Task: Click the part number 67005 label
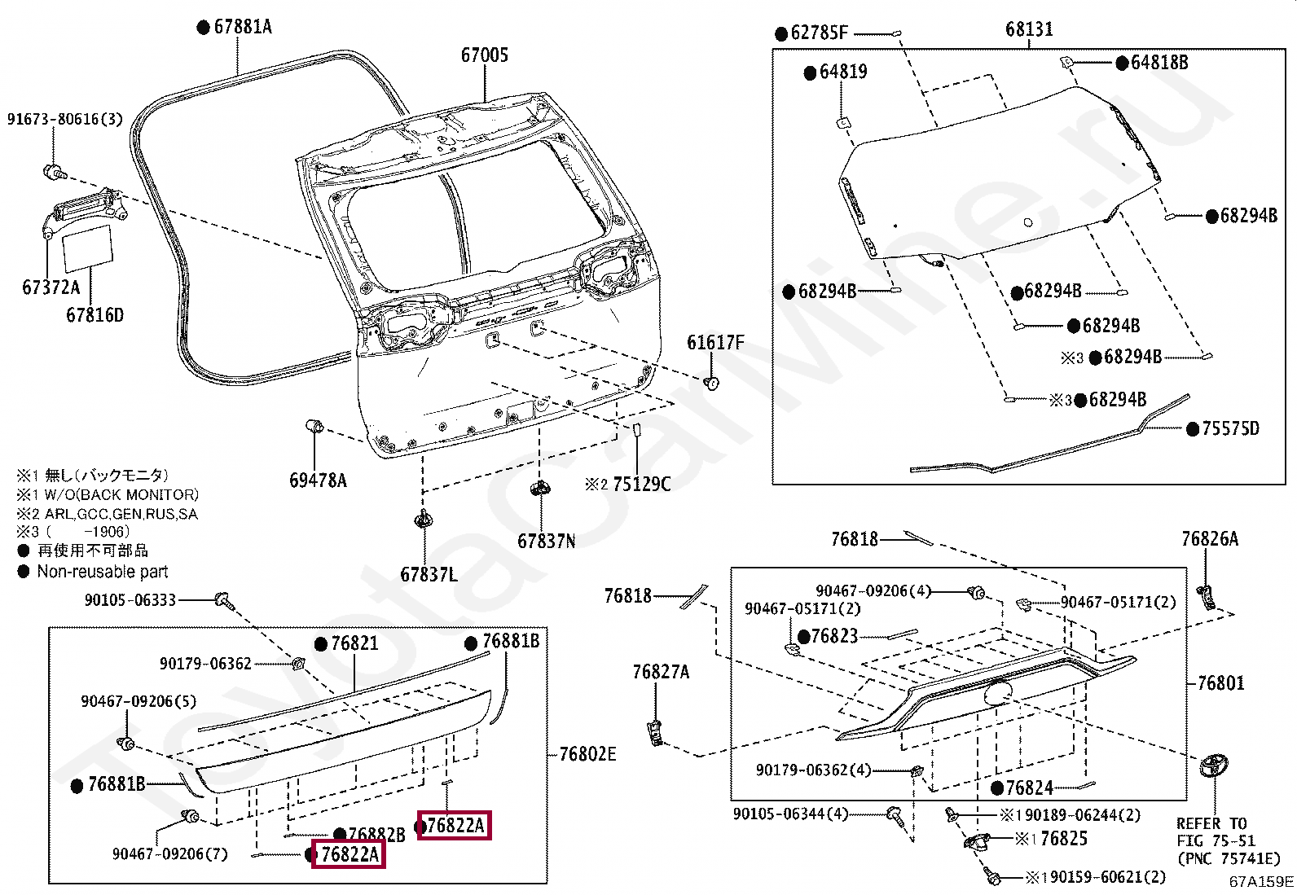[x=484, y=55]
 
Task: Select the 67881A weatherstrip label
[x=242, y=27]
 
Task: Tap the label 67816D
[x=95, y=314]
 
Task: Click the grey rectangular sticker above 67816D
[x=88, y=247]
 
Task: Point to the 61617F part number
[x=714, y=342]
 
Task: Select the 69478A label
[x=318, y=480]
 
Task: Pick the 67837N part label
[x=546, y=541]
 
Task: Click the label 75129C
[x=641, y=485]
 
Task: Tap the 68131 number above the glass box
[x=1028, y=29]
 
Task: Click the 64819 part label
[x=842, y=72]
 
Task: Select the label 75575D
[x=1230, y=428]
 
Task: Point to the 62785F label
[x=819, y=33]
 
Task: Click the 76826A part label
[x=1209, y=538]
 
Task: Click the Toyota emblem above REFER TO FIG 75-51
[x=1214, y=768]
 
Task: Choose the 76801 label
[x=1220, y=682]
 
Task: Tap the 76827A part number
[x=661, y=672]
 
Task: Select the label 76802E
[x=587, y=754]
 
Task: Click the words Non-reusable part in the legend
[x=103, y=572]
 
